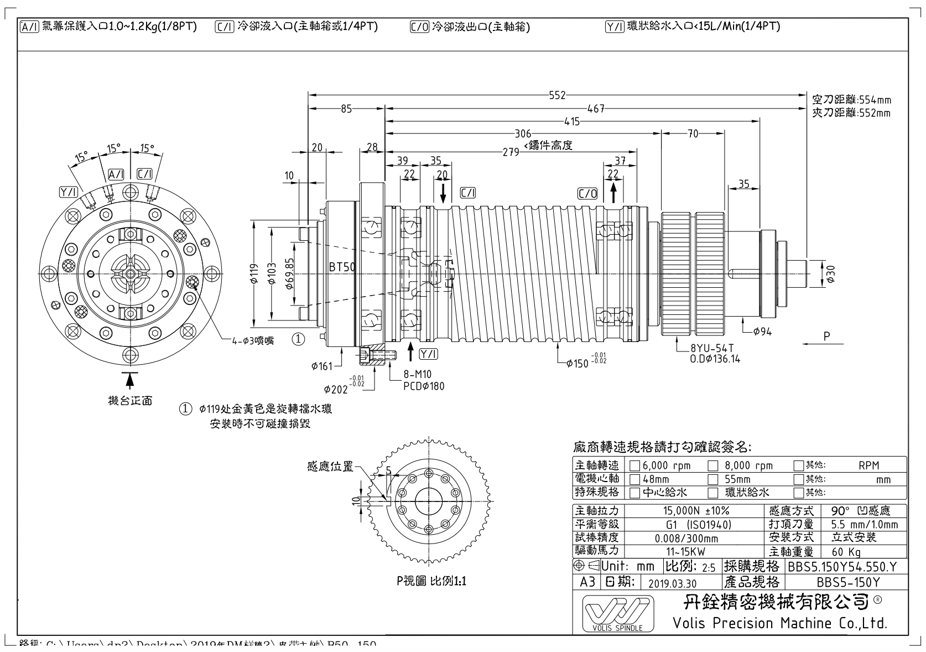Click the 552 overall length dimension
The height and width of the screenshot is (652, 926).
[x=558, y=95]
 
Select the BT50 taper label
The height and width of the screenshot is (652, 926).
[x=342, y=267]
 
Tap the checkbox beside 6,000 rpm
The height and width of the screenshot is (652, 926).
[x=635, y=465]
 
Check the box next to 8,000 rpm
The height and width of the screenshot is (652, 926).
[x=714, y=465]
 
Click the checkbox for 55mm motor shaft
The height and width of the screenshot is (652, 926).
[x=714, y=479]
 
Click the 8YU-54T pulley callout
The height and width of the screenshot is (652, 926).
[x=712, y=348]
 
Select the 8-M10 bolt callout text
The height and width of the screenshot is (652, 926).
[x=417, y=375]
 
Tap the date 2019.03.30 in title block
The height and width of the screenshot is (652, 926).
[x=672, y=583]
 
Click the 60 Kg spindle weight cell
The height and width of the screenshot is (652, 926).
[x=846, y=551]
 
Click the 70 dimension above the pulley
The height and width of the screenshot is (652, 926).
[x=693, y=133]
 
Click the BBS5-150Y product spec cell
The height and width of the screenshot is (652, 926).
[x=847, y=582]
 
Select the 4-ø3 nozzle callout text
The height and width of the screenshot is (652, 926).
[x=253, y=340]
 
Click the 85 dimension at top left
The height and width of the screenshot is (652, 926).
[x=346, y=109]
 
